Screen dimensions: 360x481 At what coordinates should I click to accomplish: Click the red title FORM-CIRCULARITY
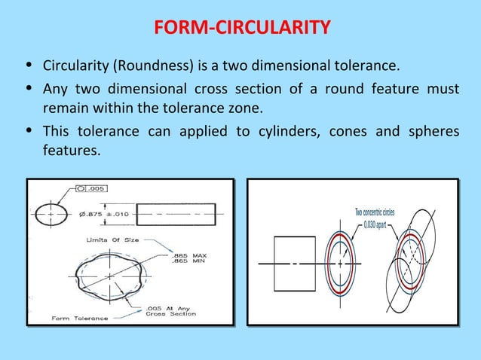coord(241,29)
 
